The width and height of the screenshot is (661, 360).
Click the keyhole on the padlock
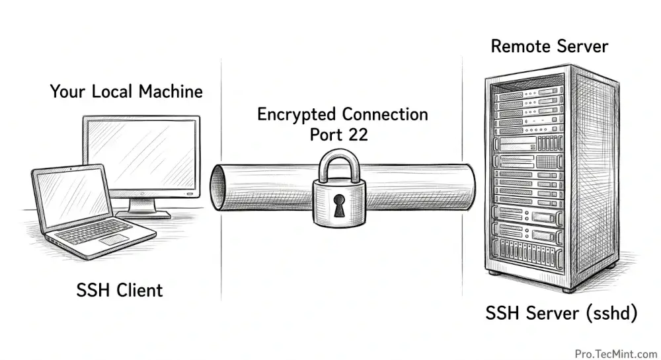click(340, 205)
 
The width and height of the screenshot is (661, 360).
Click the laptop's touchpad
click(114, 239)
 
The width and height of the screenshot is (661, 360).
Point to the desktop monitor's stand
click(140, 207)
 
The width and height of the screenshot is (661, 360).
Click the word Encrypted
click(296, 114)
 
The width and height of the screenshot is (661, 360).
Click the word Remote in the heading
click(520, 47)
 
